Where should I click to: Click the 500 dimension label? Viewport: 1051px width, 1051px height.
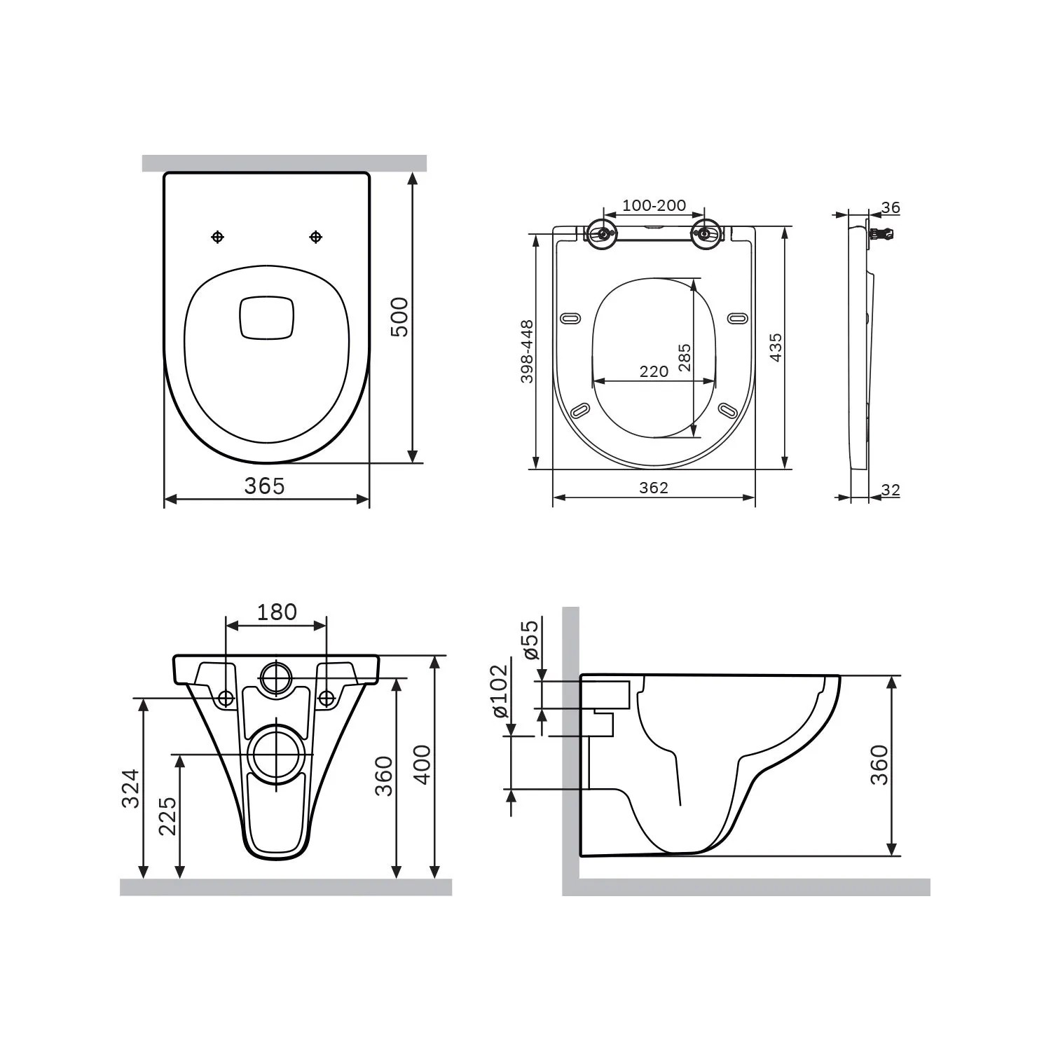tap(399, 317)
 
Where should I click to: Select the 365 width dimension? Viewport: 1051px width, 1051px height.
tap(265, 486)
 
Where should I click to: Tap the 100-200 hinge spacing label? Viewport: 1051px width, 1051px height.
tap(654, 205)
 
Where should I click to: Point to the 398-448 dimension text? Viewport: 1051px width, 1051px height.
tap(527, 352)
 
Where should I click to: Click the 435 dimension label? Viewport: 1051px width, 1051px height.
tap(776, 348)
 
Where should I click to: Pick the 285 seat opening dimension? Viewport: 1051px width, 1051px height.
tap(685, 357)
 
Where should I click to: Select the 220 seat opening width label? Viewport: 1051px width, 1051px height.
tap(654, 371)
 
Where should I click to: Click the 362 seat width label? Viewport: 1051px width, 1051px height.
tap(654, 488)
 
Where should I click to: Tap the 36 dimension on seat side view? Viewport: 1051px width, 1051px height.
tap(891, 207)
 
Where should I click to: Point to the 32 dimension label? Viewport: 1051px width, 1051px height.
tap(890, 490)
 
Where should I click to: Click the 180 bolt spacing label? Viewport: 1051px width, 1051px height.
tap(276, 612)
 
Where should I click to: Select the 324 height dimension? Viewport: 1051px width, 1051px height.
tap(131, 788)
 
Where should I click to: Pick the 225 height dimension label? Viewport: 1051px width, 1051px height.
tap(167, 816)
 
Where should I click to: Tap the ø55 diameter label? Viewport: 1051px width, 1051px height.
tap(530, 639)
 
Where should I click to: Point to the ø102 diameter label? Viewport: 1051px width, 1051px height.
tap(499, 692)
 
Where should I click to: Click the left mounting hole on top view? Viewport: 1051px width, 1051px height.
tap(218, 238)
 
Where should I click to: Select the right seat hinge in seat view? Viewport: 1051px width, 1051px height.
tap(703, 233)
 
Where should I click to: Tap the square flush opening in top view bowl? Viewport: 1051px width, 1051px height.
tap(266, 318)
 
